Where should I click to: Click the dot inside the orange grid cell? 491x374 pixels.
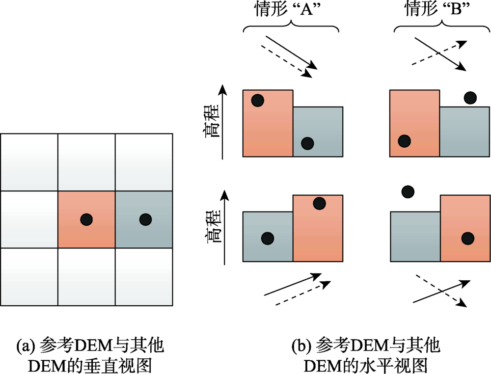tap(86, 219)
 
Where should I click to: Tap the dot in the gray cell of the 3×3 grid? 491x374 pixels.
tap(146, 219)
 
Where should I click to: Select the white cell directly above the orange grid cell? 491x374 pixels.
tap(86, 162)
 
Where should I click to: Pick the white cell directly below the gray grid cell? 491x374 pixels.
tap(144, 277)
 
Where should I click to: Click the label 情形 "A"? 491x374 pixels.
tap(288, 9)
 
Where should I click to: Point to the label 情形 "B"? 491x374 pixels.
tap(438, 9)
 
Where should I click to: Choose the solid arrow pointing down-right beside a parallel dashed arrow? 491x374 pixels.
tap(292, 52)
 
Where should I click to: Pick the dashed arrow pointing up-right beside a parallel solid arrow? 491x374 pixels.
tap(303, 293)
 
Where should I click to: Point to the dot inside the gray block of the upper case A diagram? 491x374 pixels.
tap(307, 143)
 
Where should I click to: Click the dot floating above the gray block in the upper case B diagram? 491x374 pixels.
tap(470, 98)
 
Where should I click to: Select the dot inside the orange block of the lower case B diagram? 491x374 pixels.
tap(468, 239)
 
